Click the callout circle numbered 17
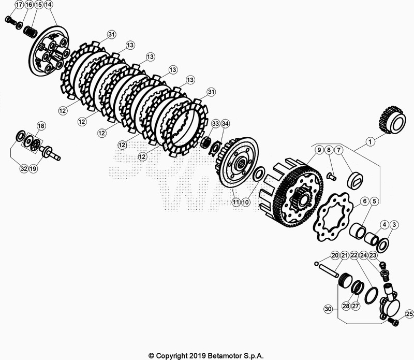coord(19,5)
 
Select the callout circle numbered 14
coord(49,5)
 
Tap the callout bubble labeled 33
coord(216,124)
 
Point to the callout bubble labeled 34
coord(225,124)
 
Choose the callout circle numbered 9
coord(319,150)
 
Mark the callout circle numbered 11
coord(235,202)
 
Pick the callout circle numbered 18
coord(41,126)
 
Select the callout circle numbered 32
coord(24,168)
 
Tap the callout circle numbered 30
coord(327,309)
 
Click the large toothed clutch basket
coord(295,194)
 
